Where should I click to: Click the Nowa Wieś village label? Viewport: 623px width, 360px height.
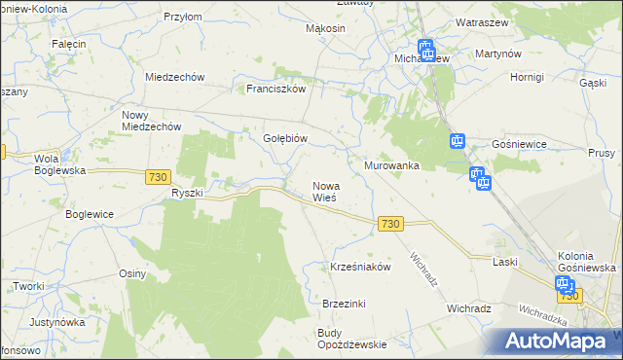pos(324,191)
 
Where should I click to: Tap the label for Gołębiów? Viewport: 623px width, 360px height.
pos(285,138)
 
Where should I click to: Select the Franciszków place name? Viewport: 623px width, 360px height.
pos(276,88)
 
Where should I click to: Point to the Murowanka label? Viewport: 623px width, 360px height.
pos(391,165)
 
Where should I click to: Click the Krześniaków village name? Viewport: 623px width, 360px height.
pos(360,267)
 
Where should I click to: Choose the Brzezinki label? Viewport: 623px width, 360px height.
pos(344,304)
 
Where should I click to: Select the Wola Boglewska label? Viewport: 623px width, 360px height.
pos(60,163)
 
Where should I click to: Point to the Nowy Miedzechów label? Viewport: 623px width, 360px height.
pos(152,121)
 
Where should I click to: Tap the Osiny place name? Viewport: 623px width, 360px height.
pos(131,273)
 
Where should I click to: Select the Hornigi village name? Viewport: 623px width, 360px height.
pos(526,76)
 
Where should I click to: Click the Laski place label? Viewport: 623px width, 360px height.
pos(504,262)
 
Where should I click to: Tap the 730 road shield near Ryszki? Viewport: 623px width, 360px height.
pos(158,176)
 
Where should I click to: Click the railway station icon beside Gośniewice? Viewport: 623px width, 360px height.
pos(458,142)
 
